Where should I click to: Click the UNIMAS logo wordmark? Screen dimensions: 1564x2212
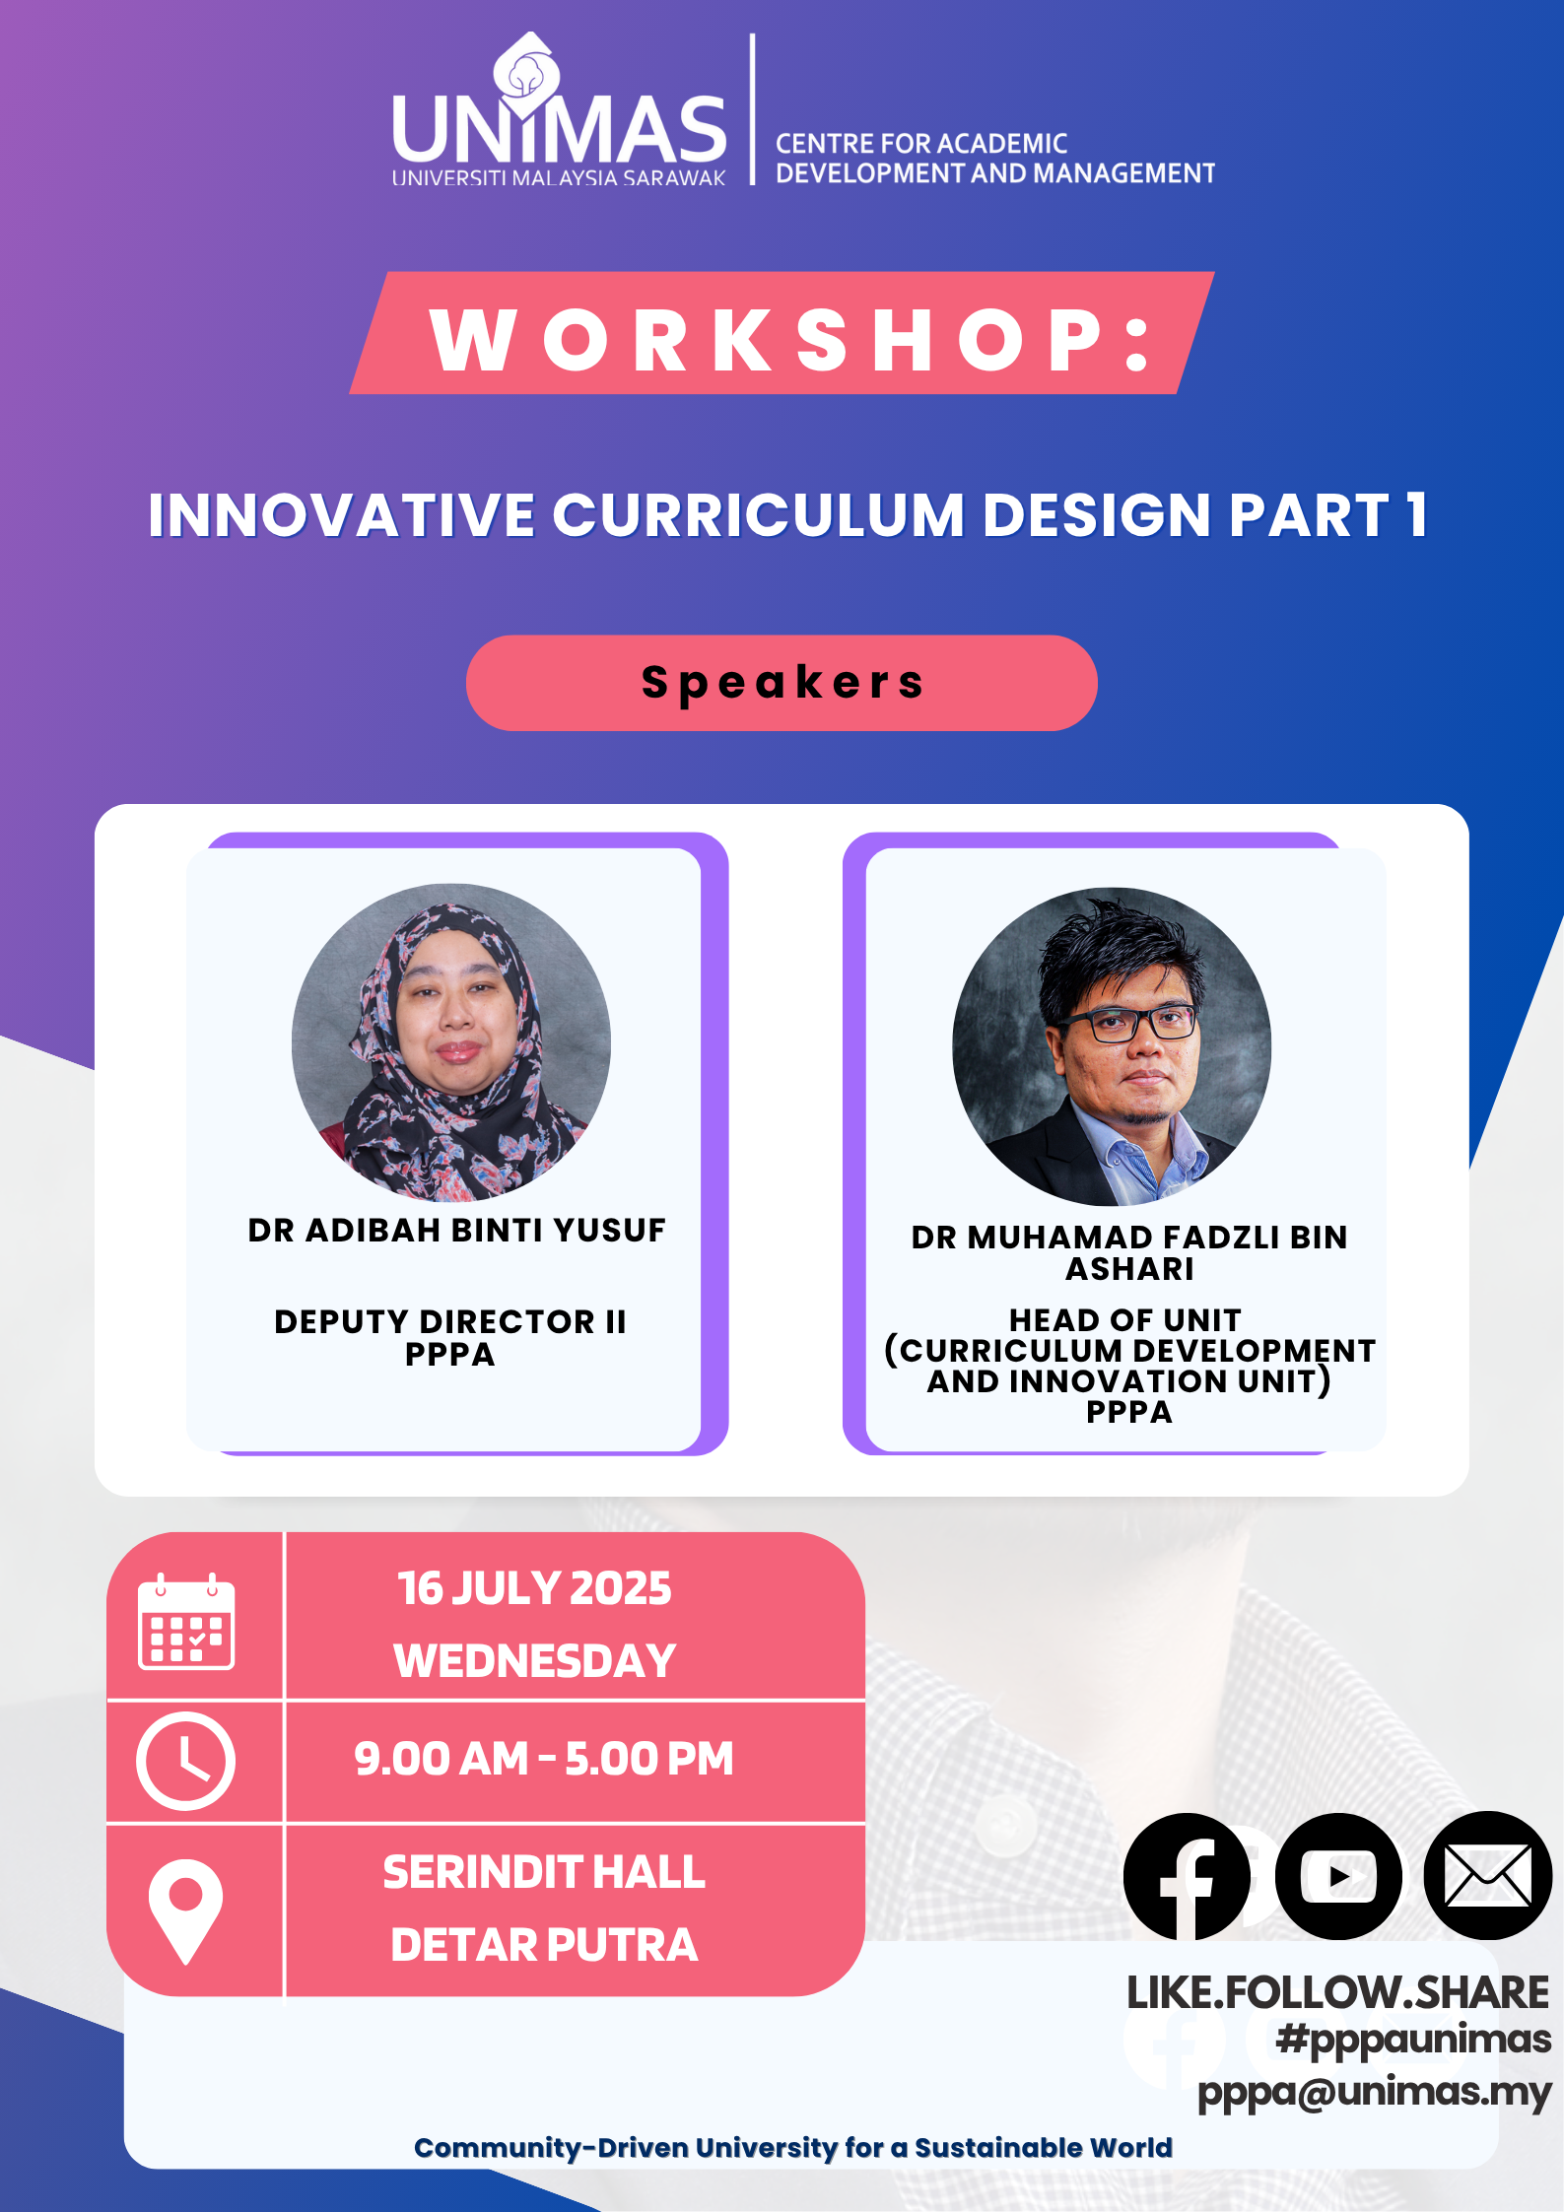(559, 128)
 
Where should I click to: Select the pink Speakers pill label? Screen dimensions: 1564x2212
(782, 683)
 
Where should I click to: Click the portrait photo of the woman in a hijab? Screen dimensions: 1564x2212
(451, 1042)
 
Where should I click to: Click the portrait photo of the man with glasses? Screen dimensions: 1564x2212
(1112, 1046)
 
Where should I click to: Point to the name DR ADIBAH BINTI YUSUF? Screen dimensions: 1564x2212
(456, 1230)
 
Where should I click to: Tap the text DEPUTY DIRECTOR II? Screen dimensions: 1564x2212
(450, 1321)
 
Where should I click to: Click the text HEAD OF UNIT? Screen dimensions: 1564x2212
(1124, 1319)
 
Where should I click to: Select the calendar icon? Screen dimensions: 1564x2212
(186, 1622)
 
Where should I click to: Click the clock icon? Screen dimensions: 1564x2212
(185, 1761)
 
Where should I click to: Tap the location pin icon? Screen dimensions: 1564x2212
(185, 1911)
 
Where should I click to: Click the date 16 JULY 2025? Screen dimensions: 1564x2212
(534, 1588)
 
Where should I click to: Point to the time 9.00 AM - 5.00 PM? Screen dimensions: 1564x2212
(544, 1759)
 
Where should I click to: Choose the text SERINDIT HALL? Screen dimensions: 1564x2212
(544, 1872)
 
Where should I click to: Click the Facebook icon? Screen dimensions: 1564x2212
(1187, 1876)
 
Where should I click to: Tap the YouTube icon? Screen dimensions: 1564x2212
(1338, 1876)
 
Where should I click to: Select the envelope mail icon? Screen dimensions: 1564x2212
(1488, 1875)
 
